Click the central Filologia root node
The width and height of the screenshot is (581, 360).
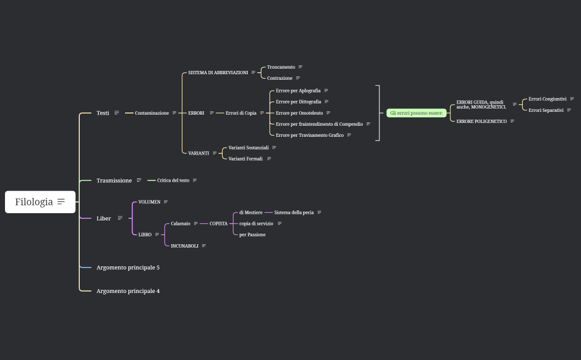34,202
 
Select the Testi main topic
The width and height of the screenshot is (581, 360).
102,113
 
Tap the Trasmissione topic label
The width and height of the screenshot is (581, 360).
114,181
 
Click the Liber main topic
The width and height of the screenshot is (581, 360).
104,218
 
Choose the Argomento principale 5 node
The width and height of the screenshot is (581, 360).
128,268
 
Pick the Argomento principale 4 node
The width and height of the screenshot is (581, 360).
128,291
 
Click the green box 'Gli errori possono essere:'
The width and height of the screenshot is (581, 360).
416,113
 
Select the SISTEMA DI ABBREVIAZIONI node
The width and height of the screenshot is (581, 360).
218,73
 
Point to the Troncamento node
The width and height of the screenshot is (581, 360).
281,67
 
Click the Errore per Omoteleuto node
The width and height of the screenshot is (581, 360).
299,113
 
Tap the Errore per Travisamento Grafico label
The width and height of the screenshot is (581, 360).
310,135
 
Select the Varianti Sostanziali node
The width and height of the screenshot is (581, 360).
248,148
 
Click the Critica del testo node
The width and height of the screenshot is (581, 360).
173,181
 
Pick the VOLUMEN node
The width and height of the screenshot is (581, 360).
149,202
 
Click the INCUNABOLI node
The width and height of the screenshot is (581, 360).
184,246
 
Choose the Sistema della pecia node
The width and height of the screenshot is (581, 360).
294,213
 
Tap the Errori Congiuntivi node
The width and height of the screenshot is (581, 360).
547,99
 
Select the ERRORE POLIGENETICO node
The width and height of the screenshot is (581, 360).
481,121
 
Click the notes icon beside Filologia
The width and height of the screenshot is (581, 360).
61,202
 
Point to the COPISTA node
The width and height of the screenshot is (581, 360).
218,224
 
